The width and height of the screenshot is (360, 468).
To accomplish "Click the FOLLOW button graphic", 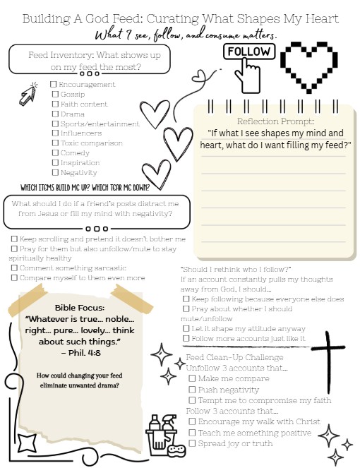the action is tap(248, 52).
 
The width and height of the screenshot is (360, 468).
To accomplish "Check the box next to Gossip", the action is tap(55, 94).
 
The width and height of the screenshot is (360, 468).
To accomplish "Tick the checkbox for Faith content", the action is tap(55, 104).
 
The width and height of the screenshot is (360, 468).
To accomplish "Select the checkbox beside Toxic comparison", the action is tap(55, 143).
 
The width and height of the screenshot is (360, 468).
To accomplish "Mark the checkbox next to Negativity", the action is tap(55, 173).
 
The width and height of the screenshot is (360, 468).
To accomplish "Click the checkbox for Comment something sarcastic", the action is tap(13, 268).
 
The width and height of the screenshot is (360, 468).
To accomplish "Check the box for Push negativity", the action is tap(192, 390).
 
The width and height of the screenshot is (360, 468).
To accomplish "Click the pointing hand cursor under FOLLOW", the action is tap(247, 71).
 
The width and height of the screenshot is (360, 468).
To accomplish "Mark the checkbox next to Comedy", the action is tap(55, 153).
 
